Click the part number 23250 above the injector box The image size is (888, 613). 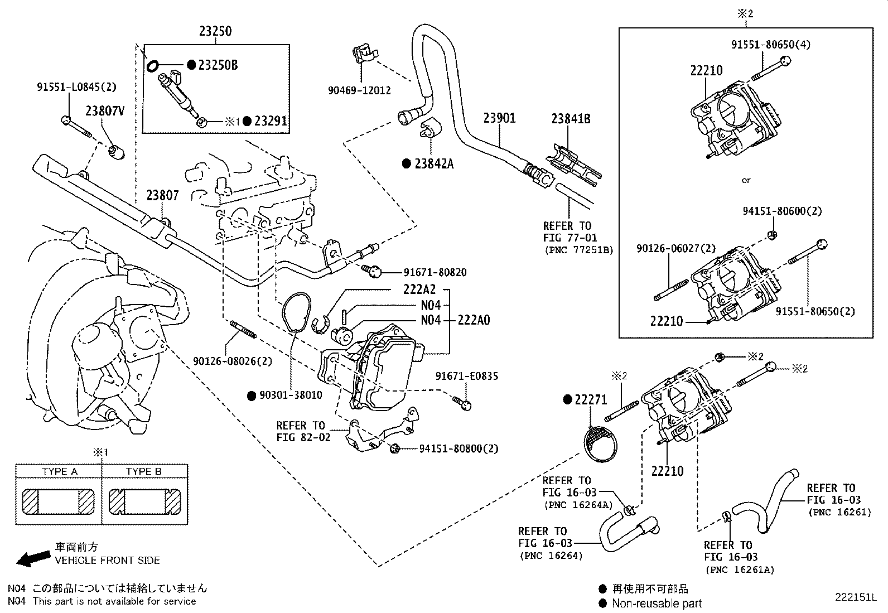[x=215, y=31]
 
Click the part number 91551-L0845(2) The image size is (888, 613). [x=77, y=87]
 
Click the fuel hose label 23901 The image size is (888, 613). [x=499, y=118]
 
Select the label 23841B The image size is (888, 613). [x=571, y=119]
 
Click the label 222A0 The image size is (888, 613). [x=474, y=320]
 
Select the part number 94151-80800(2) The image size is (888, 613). [x=459, y=448]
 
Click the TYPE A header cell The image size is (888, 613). [x=59, y=472]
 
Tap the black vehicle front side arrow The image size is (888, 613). [x=30, y=558]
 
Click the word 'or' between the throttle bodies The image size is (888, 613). [x=746, y=180]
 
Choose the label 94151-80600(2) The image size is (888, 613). [x=782, y=211]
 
